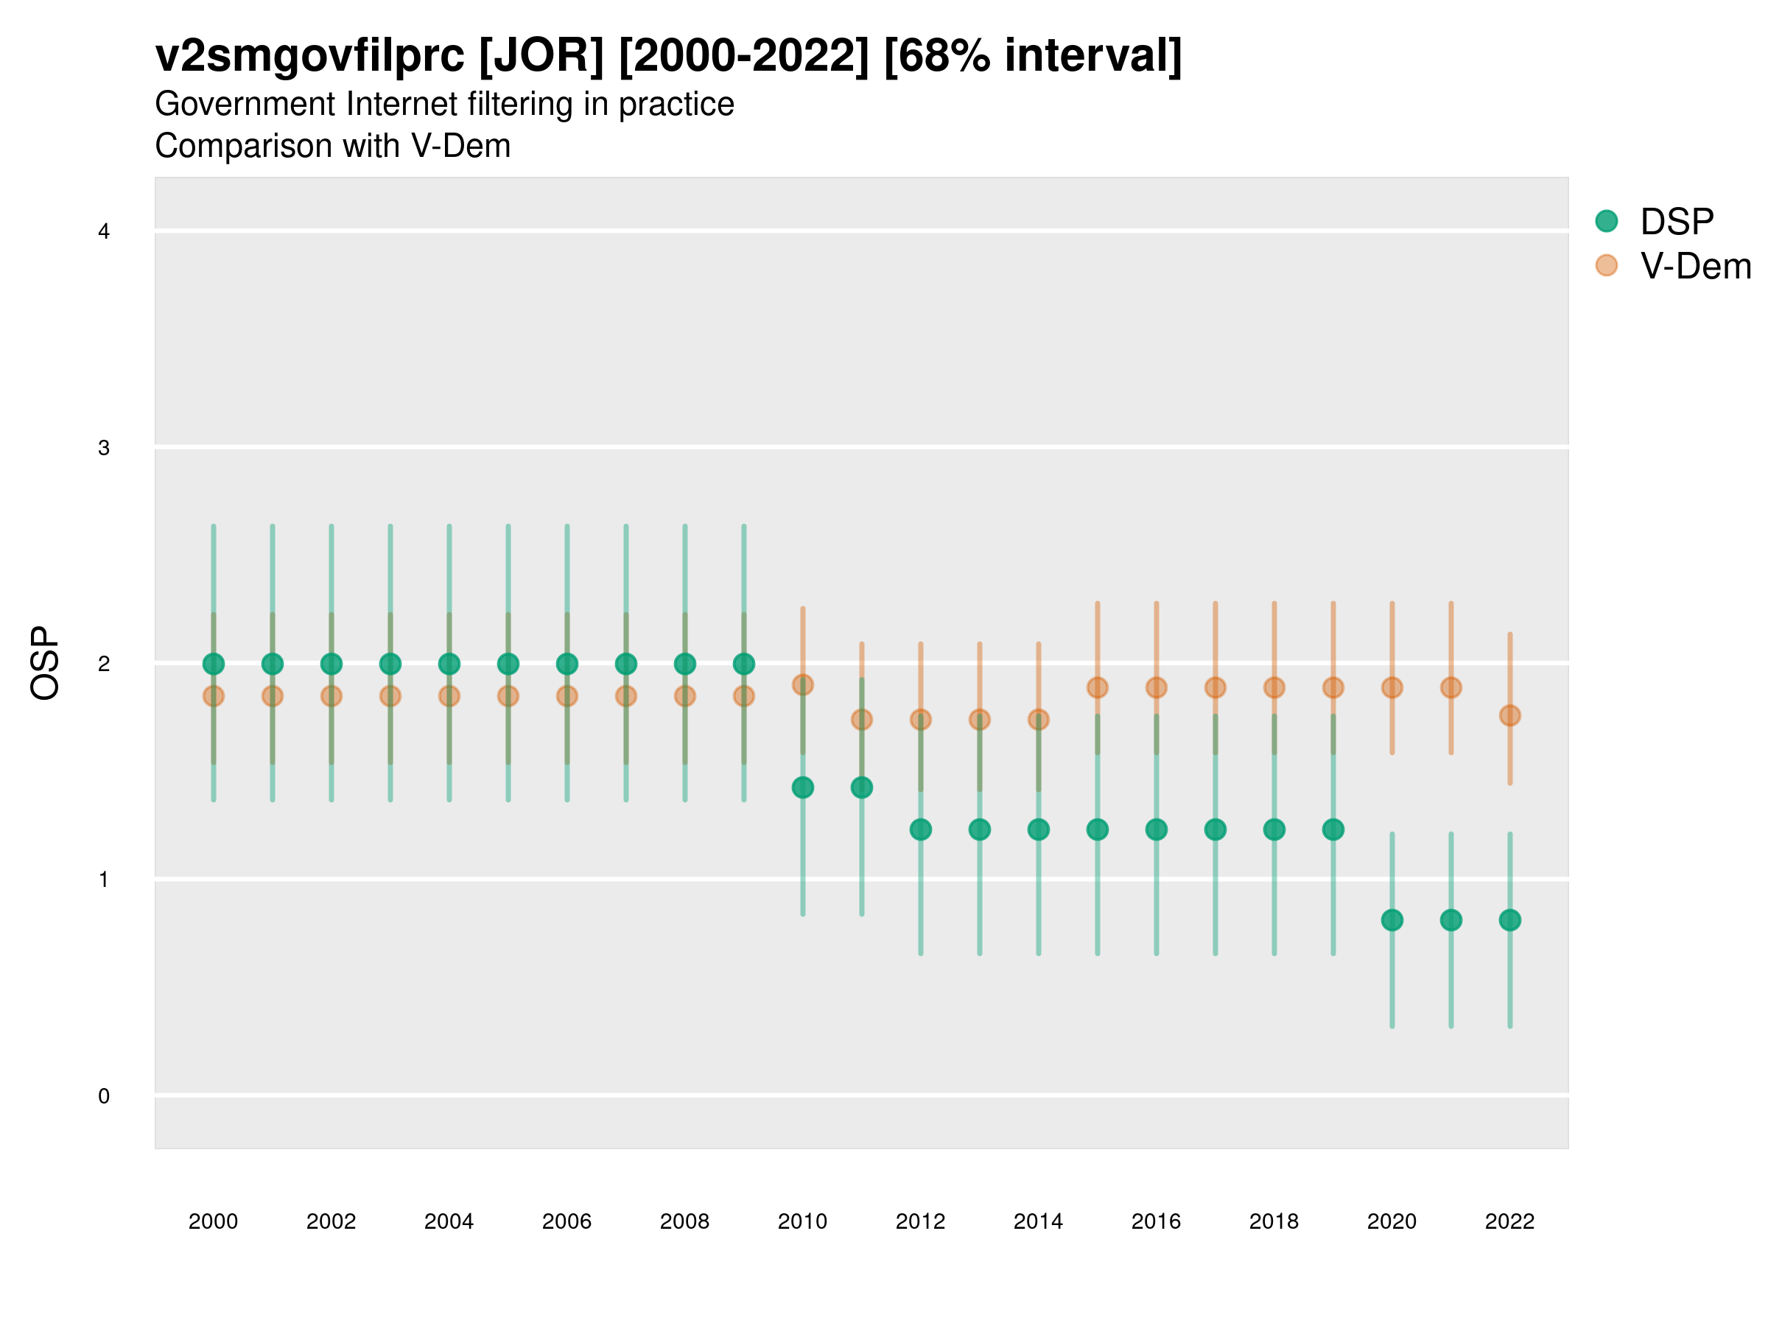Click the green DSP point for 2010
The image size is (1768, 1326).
coord(802,787)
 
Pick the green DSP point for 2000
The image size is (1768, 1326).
coord(214,664)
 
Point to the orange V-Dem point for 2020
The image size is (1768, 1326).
coord(1392,687)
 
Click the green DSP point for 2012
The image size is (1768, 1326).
coord(921,829)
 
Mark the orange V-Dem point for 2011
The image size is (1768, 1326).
coord(862,719)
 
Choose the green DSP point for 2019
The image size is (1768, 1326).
coord(1333,829)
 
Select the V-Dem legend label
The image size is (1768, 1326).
coord(1695,266)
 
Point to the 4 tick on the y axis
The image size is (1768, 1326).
coord(104,232)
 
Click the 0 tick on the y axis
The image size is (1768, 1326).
coord(104,1096)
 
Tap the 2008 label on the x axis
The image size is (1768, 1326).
coord(685,1221)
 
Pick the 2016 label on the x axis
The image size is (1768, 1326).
coord(1157,1221)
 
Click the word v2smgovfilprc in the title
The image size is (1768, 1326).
coord(309,56)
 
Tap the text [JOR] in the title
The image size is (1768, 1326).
coord(541,56)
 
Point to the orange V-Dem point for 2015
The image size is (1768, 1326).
coord(1098,687)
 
